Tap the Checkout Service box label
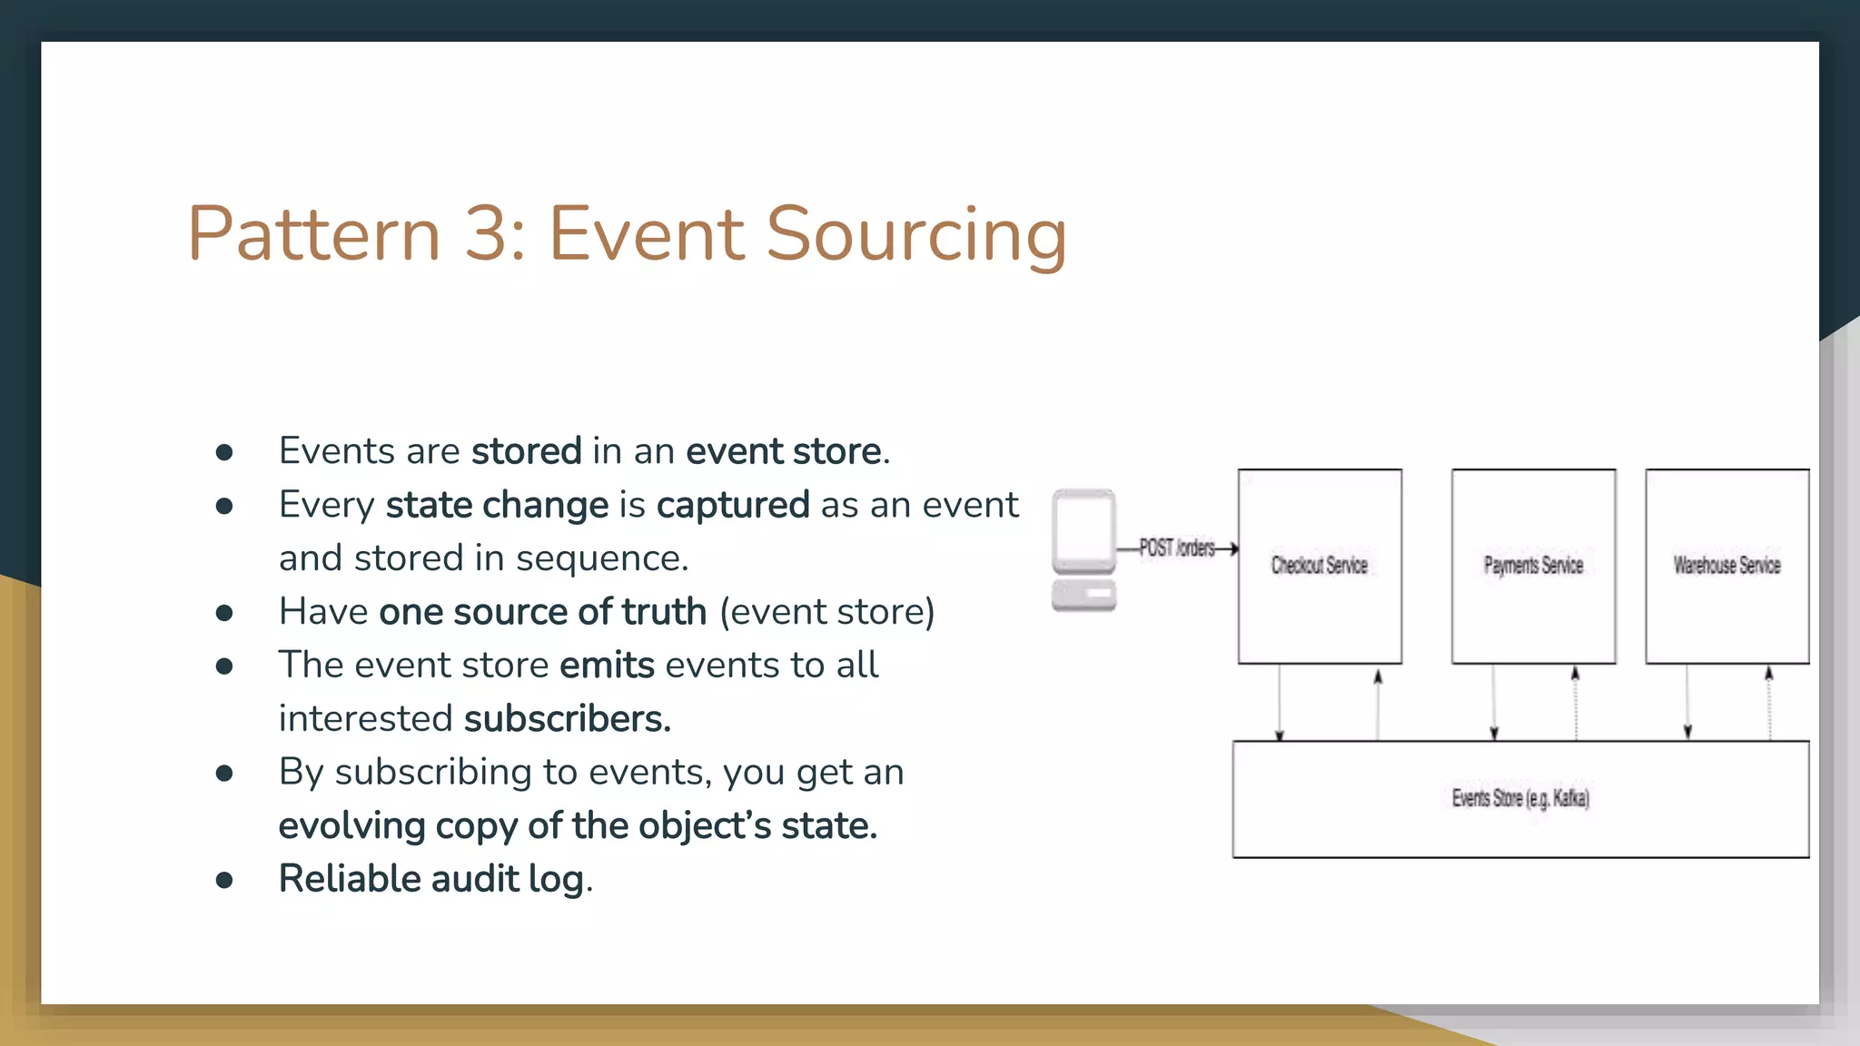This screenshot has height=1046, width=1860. pos(1319,566)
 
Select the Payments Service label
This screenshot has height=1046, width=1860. pos(1533,566)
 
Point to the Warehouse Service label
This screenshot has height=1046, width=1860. pos(1726,566)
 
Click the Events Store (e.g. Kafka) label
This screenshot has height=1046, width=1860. pos(1519,798)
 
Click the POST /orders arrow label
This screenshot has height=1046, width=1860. pos(1177,548)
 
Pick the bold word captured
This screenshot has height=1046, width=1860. pos(732,505)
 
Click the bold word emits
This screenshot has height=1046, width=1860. pos(607,666)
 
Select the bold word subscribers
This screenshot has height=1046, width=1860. pos(567,719)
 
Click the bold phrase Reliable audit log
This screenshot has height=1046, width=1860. pos(431,879)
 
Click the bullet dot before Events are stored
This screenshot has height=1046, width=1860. pos(224,452)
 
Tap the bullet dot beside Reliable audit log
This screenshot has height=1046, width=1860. pos(224,880)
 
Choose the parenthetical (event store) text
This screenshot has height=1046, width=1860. pos(826,612)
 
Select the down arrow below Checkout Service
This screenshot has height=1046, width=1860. pos(1280,703)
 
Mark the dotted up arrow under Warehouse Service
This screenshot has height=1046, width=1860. pos(1768,703)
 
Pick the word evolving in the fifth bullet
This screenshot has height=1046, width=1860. pos(351,826)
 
